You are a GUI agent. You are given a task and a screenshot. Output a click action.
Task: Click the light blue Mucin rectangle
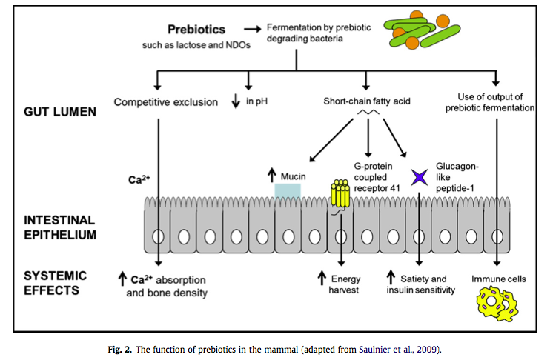pos(288,190)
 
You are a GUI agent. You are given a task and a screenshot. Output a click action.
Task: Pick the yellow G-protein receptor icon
pos(340,193)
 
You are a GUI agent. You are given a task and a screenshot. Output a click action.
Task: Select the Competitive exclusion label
pos(165,102)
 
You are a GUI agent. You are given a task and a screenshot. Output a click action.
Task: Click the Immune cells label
pos(498,279)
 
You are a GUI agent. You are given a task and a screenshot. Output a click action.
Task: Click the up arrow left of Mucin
pos(272,176)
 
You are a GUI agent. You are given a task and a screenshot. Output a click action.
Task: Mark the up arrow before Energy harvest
pos(322,279)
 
